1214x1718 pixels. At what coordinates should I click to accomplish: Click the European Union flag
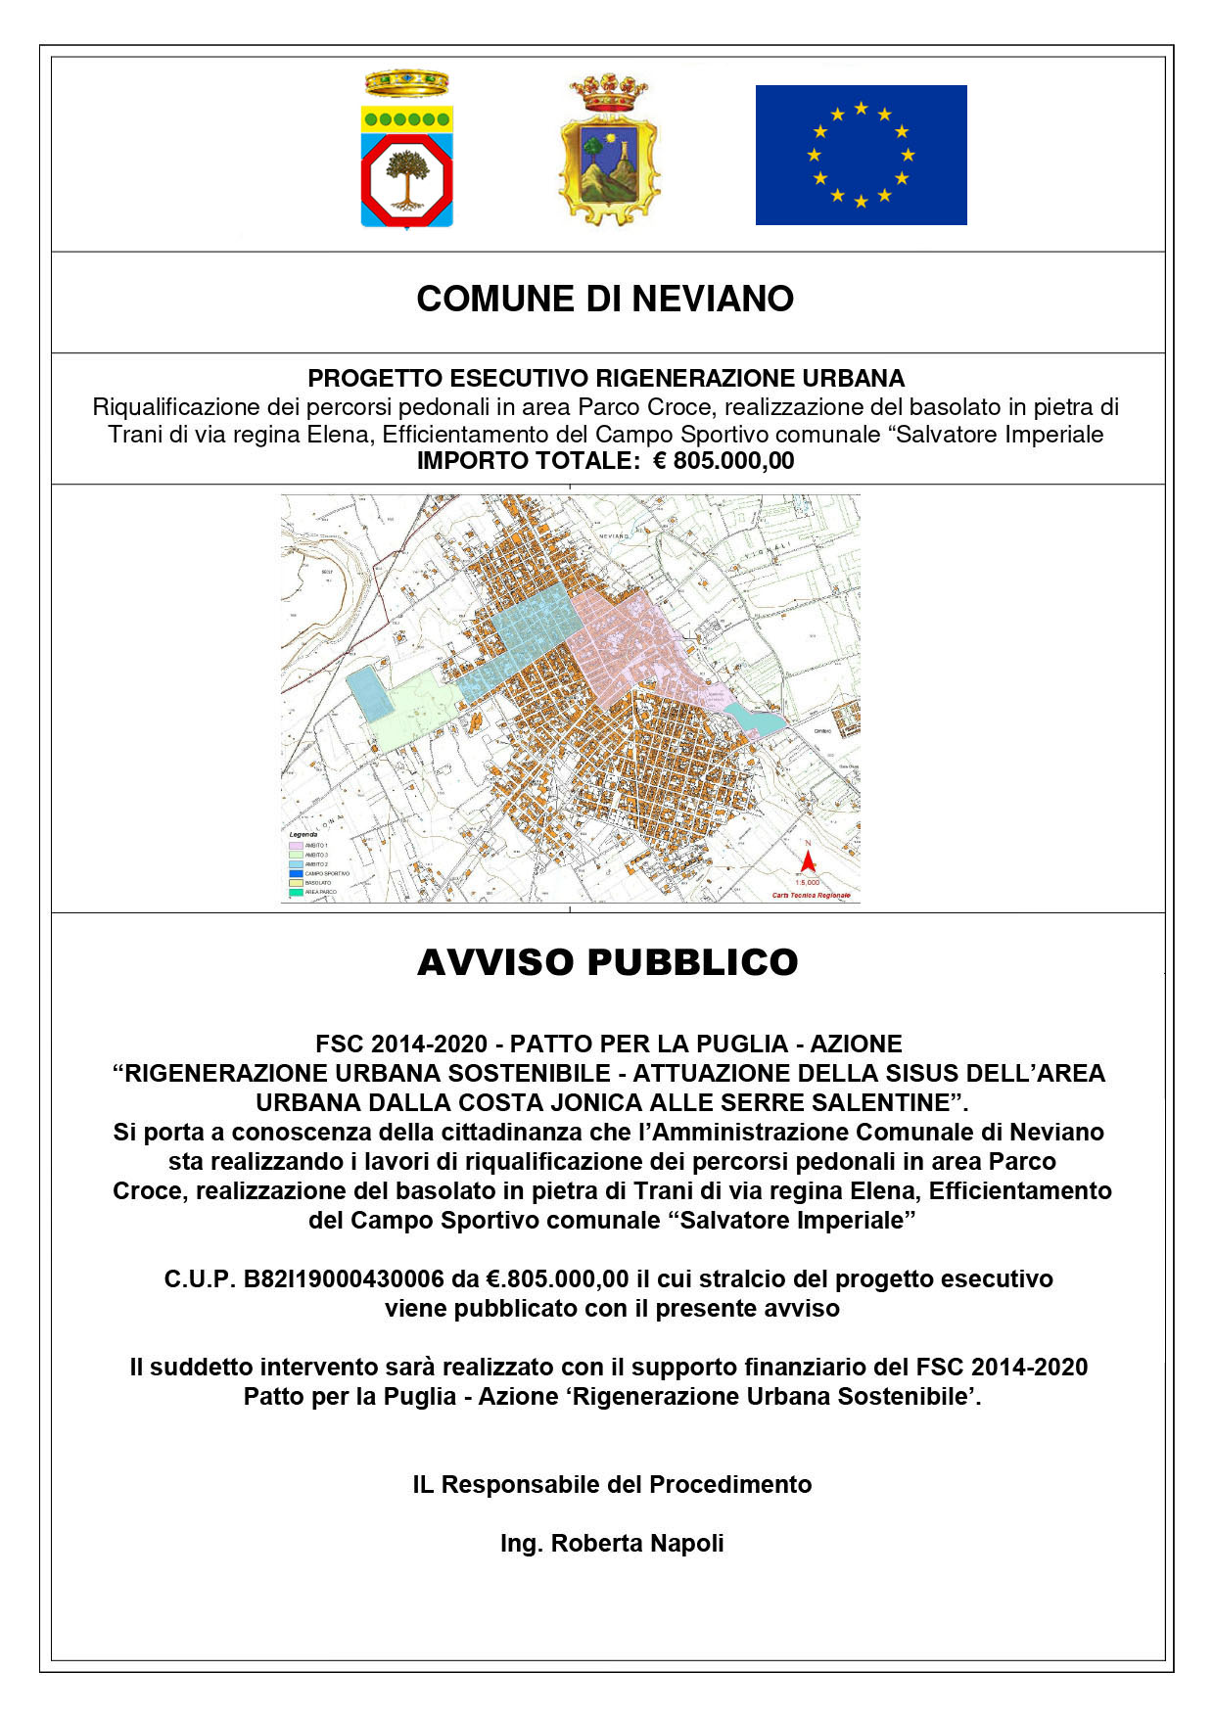point(861,155)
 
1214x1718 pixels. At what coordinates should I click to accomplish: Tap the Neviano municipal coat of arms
point(609,150)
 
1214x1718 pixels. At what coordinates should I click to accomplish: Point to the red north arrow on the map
point(808,861)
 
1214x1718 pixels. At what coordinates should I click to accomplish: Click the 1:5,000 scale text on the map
point(808,882)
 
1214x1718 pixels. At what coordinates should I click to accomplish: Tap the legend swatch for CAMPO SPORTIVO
point(295,873)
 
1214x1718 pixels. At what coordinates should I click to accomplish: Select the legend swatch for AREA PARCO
point(295,892)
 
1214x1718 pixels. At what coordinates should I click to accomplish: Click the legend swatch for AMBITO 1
point(295,845)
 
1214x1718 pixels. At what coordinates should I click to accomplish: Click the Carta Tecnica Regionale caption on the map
point(811,896)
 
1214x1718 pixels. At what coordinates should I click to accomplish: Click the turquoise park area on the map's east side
point(758,720)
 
